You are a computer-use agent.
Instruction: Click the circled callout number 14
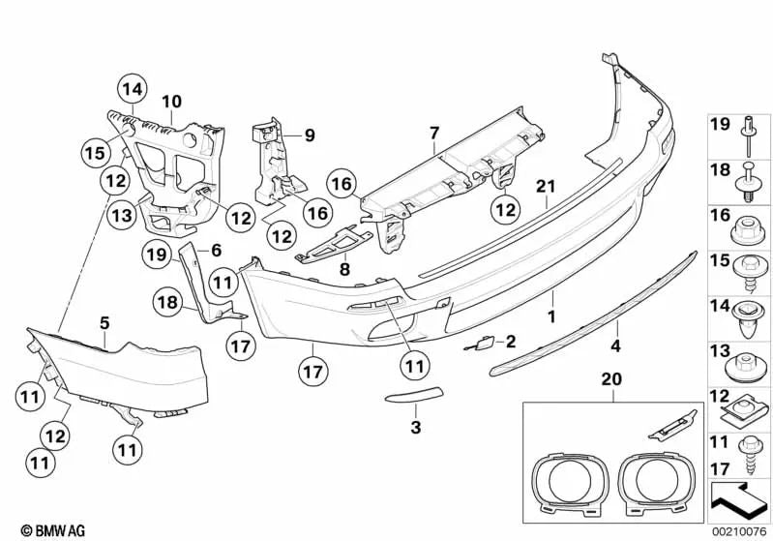(133, 90)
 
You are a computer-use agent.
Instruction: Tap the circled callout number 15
(93, 152)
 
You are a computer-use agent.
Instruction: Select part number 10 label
(171, 101)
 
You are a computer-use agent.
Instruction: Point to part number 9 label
(310, 135)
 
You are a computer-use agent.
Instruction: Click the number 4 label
(613, 343)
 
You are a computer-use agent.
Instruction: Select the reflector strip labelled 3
(413, 399)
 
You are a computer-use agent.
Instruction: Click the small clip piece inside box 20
(676, 420)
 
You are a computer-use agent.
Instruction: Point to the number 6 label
(216, 251)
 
